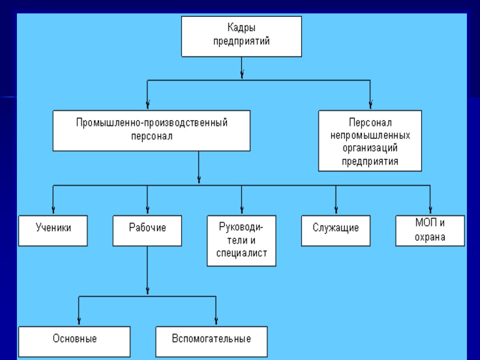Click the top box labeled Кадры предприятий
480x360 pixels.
[x=241, y=36]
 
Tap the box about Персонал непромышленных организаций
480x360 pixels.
[x=370, y=141]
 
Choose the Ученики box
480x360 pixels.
[x=53, y=230]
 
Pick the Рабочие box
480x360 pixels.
[x=147, y=230]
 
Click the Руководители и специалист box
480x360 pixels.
[x=241, y=240]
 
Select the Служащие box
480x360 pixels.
[x=336, y=230]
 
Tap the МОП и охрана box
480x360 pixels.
[x=430, y=230]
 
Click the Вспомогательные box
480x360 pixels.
[x=211, y=341]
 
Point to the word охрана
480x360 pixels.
[x=430, y=237]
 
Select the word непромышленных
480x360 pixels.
[x=370, y=136]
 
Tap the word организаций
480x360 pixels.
[x=370, y=149]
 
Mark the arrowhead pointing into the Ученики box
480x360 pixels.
[x=53, y=210]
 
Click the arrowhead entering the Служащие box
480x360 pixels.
[x=336, y=210]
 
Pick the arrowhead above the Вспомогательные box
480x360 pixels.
[x=216, y=321]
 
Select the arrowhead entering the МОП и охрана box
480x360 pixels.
[x=430, y=210]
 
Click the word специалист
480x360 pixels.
[x=241, y=254]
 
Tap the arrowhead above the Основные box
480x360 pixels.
[x=78, y=321]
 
